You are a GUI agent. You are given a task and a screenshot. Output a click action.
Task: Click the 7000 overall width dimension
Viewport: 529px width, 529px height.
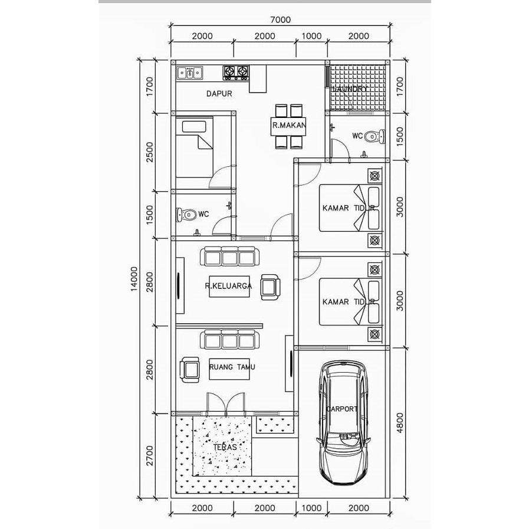(281, 19)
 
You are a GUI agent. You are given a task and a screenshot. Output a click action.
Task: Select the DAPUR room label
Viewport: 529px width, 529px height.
(218, 93)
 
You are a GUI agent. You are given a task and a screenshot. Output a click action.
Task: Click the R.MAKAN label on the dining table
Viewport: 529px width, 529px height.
(288, 125)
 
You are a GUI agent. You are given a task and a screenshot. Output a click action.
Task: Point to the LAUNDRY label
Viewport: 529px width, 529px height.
(351, 88)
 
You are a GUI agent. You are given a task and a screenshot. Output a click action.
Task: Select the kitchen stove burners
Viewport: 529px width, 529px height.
(235, 73)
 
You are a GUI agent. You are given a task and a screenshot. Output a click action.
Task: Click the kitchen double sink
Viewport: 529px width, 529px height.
(190, 73)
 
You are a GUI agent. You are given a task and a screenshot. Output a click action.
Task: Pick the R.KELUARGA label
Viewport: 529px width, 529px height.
(228, 286)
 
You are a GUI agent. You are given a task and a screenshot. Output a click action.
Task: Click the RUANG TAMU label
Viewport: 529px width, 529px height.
(232, 367)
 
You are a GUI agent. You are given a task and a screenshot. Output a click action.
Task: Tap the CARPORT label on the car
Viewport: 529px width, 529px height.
(341, 408)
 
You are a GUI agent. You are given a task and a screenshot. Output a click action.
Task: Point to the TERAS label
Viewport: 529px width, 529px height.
(224, 447)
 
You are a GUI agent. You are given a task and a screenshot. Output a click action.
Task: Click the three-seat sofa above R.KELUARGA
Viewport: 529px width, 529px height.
(230, 258)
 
